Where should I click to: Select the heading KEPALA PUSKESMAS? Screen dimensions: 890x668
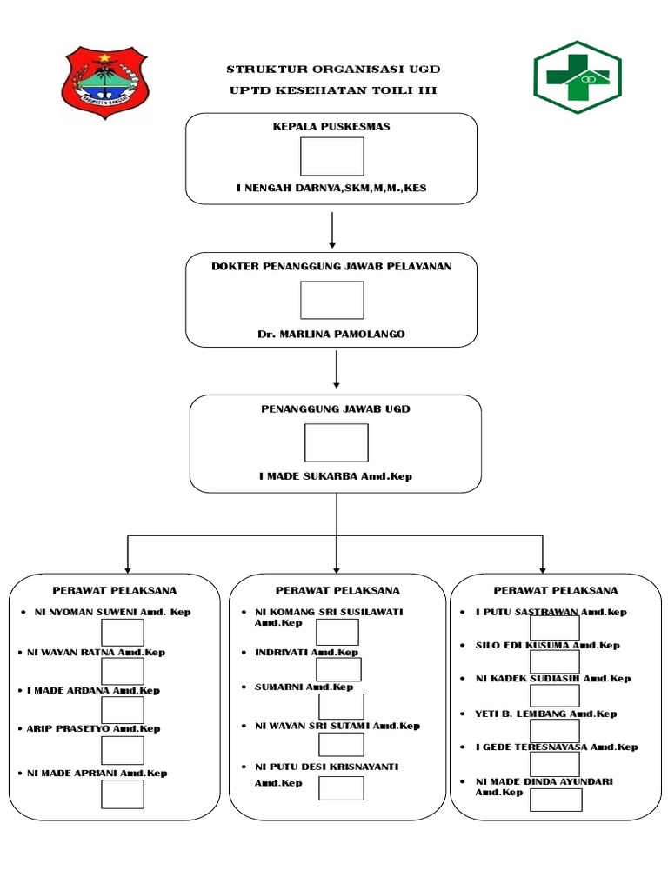point(331,126)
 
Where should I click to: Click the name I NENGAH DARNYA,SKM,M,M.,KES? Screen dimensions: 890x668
point(331,187)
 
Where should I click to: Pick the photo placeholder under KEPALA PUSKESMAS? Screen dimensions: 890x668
point(331,156)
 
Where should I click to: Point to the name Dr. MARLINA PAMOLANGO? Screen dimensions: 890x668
point(331,334)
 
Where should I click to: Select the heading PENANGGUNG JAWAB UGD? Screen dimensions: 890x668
point(335,408)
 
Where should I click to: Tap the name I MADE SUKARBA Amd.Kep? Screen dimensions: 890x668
point(335,476)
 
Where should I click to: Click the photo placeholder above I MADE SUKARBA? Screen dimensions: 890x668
point(336,442)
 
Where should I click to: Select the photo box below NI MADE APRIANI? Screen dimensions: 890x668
point(123,794)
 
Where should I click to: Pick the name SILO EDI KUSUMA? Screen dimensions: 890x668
point(548,645)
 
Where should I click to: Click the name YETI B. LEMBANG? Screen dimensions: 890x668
point(546,714)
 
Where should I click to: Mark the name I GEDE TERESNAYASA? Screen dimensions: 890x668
point(557,747)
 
